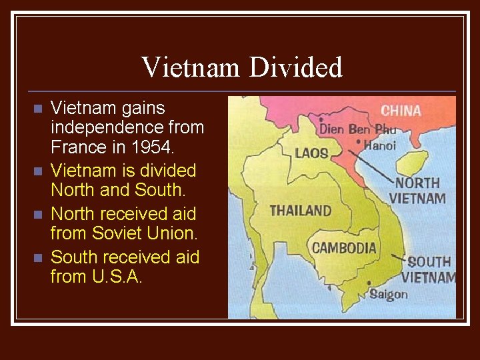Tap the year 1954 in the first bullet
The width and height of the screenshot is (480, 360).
(x=156, y=146)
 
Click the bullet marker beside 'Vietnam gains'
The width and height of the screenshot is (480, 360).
(x=37, y=108)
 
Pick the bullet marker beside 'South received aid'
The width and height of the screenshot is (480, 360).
(x=37, y=257)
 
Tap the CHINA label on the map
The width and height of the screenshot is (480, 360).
(x=401, y=110)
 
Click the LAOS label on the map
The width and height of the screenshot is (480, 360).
(x=311, y=153)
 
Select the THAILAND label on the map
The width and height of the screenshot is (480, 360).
(x=300, y=211)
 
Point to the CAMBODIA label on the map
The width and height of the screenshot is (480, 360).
(x=344, y=248)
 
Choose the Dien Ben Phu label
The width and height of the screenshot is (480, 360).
(x=357, y=128)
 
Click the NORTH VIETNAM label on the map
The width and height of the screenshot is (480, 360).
(x=418, y=190)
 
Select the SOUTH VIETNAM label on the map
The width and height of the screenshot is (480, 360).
(x=430, y=269)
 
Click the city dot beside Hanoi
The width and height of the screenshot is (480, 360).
(x=359, y=142)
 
